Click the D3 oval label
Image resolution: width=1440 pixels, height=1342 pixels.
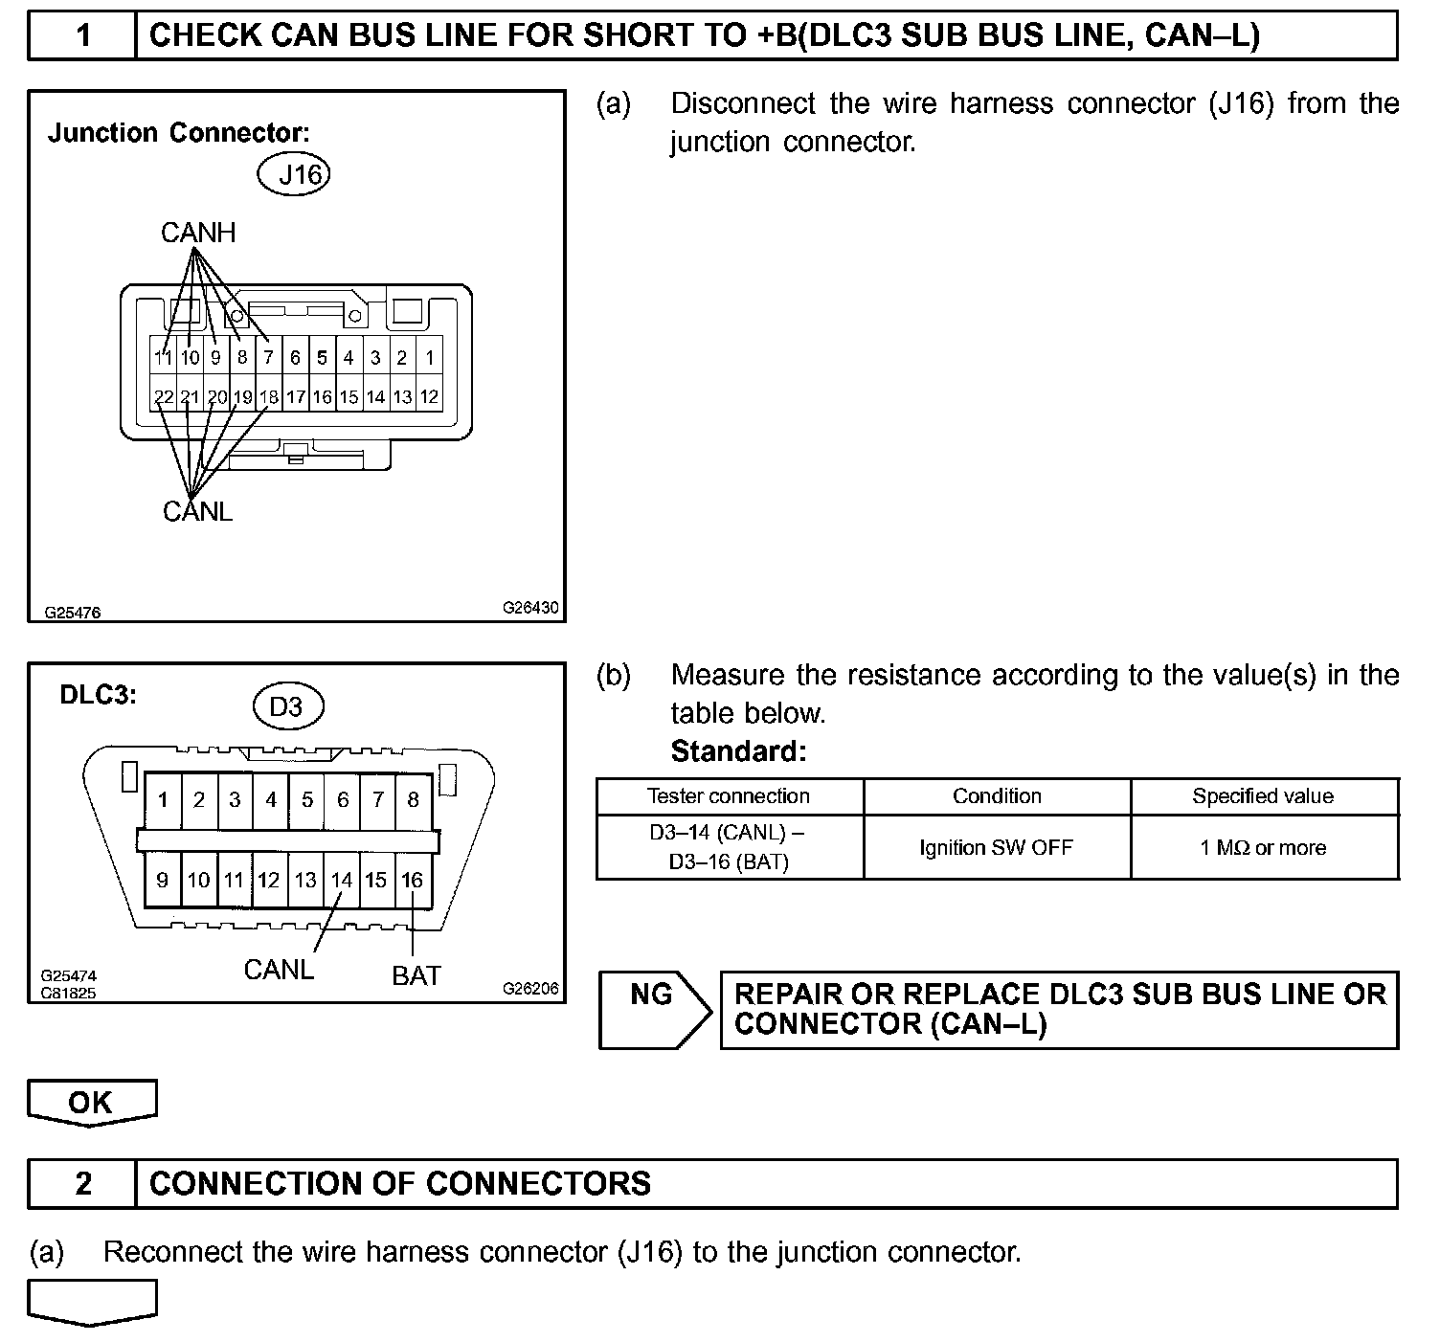tap(287, 706)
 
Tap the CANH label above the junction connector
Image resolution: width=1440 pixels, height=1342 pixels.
tap(197, 233)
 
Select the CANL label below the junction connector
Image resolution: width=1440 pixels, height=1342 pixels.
tap(197, 512)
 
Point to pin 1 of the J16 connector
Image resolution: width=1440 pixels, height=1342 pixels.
tap(430, 358)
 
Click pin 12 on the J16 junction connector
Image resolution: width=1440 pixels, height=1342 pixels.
tap(430, 396)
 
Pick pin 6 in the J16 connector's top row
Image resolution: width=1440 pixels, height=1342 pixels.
tap(296, 358)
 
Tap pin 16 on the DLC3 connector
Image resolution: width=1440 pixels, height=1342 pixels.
tap(413, 880)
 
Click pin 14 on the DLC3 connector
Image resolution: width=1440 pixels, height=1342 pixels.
tap(341, 880)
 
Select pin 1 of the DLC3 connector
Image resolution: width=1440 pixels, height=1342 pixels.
tap(163, 799)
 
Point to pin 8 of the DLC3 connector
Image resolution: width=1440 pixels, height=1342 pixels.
tap(413, 799)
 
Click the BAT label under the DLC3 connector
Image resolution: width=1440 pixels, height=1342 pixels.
tap(416, 975)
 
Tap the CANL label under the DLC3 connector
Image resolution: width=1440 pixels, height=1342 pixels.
tap(279, 970)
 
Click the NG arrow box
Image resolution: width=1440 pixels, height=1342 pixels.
tap(654, 1009)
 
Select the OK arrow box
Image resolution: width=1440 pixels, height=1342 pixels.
tap(91, 1102)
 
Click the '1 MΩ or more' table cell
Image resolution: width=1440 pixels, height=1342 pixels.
tap(1263, 847)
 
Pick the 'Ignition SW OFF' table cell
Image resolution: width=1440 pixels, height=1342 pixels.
tap(996, 847)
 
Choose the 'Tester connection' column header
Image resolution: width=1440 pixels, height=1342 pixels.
tap(729, 796)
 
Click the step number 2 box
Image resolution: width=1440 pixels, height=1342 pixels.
tap(83, 1184)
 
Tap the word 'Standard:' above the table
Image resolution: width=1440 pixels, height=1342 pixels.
tap(738, 751)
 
